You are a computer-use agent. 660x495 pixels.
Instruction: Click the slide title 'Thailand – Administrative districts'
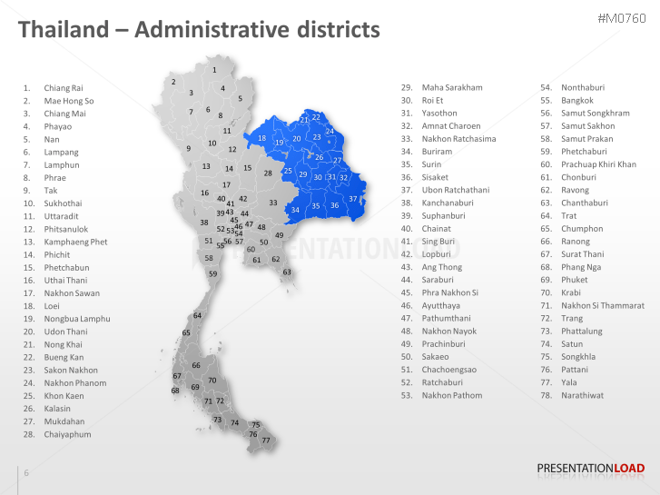(199, 30)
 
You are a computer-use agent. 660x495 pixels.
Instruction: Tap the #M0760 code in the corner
(622, 19)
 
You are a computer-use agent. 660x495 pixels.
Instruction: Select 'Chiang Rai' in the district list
(63, 88)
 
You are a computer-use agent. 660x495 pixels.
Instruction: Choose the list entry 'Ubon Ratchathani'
(455, 190)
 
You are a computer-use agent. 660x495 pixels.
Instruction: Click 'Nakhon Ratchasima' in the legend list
(458, 139)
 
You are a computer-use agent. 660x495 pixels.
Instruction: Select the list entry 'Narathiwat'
(582, 395)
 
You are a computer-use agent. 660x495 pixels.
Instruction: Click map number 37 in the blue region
(353, 198)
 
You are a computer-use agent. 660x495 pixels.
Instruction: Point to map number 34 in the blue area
(295, 211)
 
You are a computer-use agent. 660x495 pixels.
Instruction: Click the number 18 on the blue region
(261, 138)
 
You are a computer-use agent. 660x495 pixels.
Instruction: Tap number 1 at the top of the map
(214, 70)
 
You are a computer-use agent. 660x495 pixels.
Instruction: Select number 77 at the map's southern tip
(266, 441)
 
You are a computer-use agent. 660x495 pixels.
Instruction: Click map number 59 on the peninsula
(212, 273)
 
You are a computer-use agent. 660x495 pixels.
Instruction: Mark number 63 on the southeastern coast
(287, 272)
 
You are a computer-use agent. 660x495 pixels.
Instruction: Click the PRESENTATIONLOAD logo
(590, 469)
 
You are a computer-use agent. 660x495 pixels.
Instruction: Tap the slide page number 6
(26, 473)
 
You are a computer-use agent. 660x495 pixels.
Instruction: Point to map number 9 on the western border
(189, 148)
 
